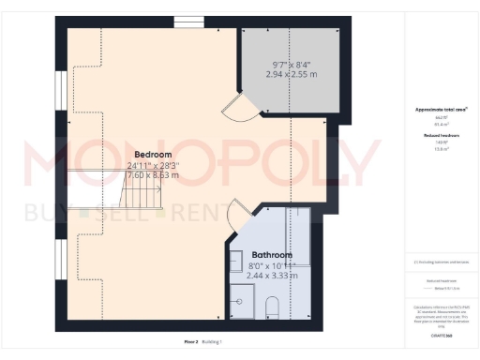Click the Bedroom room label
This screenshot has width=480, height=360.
(152, 154)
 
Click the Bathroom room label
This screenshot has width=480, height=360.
(272, 255)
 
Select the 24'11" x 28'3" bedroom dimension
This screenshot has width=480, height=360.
(152, 165)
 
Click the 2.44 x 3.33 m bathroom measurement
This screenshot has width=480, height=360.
(272, 276)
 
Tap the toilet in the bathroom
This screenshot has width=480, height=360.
(274, 306)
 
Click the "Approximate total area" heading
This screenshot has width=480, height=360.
(441, 110)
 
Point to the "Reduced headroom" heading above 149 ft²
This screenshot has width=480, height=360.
(441, 135)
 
